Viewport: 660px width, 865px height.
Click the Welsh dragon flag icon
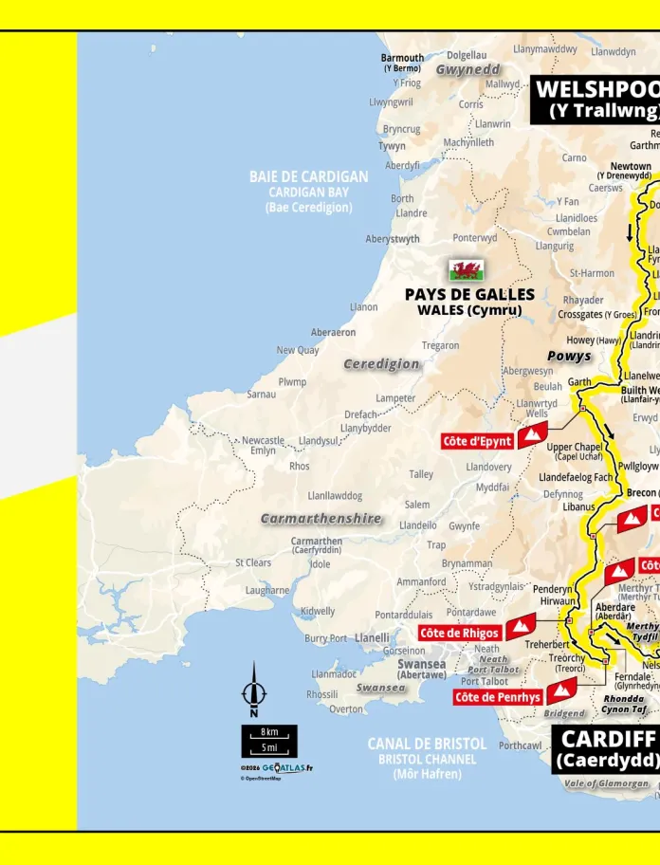466,270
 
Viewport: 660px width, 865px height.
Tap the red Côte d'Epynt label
478,441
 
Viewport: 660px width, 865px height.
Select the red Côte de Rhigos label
460,633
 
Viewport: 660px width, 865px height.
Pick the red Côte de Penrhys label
498,697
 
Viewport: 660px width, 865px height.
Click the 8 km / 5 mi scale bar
269,740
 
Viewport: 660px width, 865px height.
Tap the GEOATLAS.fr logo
286,767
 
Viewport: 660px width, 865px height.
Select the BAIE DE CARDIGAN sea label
308,176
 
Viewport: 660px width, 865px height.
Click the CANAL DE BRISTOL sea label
427,744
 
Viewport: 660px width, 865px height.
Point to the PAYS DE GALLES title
469,295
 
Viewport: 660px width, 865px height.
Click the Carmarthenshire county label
321,519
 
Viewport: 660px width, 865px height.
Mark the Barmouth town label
402,58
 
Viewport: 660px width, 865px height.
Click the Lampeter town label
395,398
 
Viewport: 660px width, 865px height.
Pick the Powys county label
569,357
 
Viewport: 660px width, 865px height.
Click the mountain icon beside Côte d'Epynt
532,435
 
